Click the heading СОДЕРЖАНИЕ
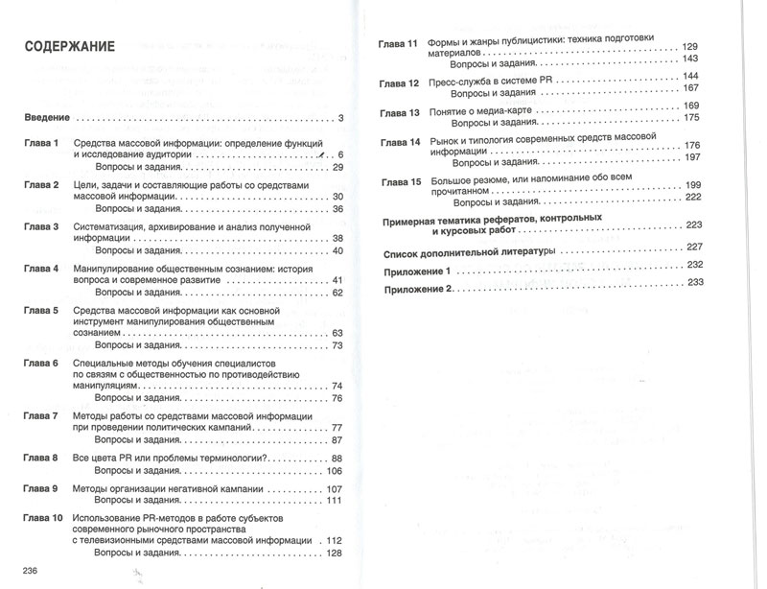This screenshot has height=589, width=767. tap(69, 46)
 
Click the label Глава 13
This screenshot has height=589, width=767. tap(400, 112)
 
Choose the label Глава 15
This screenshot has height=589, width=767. tap(400, 182)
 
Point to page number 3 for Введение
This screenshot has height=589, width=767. tap(339, 118)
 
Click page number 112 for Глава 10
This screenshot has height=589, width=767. tap(334, 541)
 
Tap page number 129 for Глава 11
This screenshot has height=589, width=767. tap(689, 47)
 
